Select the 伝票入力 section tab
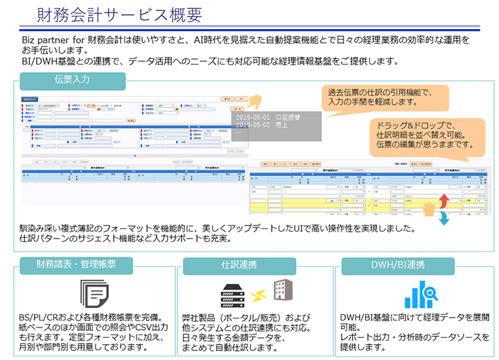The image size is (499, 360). (x=72, y=80)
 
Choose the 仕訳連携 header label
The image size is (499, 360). (x=239, y=265)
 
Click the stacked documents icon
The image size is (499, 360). (x=94, y=293)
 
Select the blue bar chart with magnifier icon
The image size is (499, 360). (x=420, y=293)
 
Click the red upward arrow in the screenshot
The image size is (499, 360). (x=444, y=201)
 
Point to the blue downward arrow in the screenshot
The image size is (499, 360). (x=444, y=218)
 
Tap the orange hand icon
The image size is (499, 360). (x=430, y=208)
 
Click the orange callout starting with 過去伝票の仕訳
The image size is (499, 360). (x=376, y=96)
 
